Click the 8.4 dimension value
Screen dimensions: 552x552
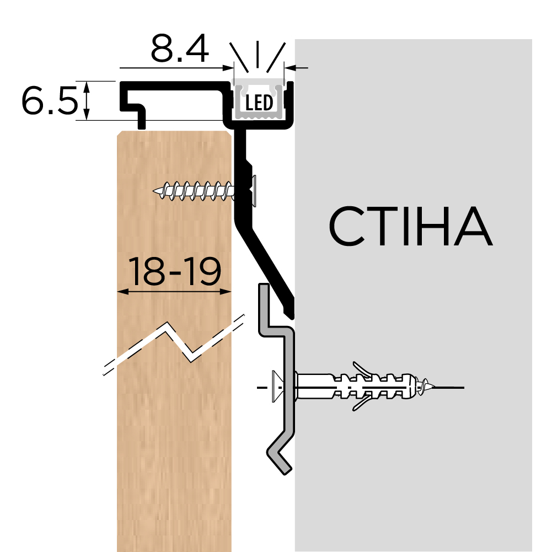[180, 48]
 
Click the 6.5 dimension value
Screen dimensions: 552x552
[50, 100]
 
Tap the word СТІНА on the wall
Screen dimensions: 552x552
[410, 226]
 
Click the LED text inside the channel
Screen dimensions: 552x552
[259, 103]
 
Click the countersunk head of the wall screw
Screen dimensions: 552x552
[276, 386]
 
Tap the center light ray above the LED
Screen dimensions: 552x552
[258, 54]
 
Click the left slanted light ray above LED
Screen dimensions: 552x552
[239, 57]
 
